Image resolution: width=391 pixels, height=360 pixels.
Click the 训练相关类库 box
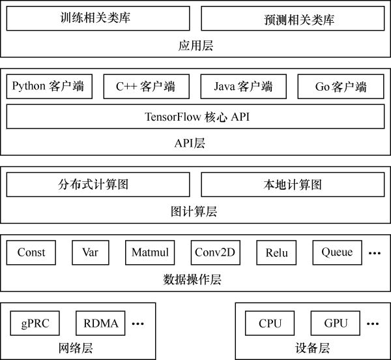pyautogui.click(x=98, y=18)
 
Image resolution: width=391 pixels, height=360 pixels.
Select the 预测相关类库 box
pyautogui.click(x=293, y=19)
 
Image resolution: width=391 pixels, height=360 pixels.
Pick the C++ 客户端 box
pyautogui.click(x=145, y=86)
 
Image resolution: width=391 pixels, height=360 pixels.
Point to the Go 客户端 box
pyautogui.click(x=341, y=86)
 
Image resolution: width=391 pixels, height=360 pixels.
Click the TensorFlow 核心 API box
pyautogui.click(x=195, y=117)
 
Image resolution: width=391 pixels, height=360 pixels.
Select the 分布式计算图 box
pyautogui.click(x=98, y=185)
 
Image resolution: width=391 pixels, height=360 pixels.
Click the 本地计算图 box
pyautogui.click(x=293, y=185)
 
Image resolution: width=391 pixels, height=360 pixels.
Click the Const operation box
pyautogui.click(x=31, y=252)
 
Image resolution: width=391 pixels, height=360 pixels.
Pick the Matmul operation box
pyautogui.click(x=150, y=252)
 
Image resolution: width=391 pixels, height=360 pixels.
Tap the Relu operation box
pyautogui.click(x=276, y=252)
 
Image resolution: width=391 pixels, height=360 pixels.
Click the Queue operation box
pyautogui.click(x=337, y=252)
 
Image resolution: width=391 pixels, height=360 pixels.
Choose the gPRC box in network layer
pyautogui.click(x=35, y=323)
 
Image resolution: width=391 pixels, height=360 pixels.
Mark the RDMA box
pyautogui.click(x=101, y=323)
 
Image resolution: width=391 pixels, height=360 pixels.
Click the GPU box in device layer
pyautogui.click(x=335, y=323)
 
